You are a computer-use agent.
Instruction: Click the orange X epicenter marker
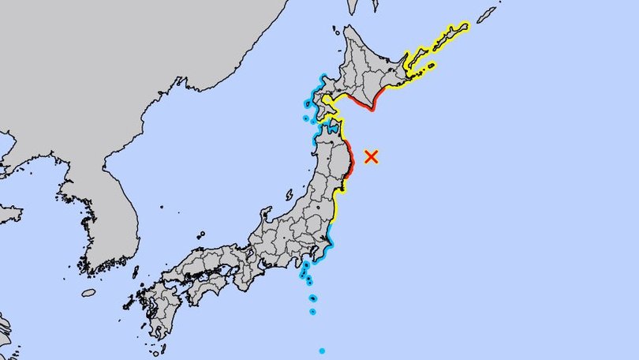(372, 156)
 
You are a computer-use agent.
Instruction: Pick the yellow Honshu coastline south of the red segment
(337, 207)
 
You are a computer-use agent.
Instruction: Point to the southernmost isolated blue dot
(322, 351)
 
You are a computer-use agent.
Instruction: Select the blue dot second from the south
(312, 312)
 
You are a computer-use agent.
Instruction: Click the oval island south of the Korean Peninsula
(88, 293)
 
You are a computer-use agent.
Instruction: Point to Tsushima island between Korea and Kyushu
(136, 272)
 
